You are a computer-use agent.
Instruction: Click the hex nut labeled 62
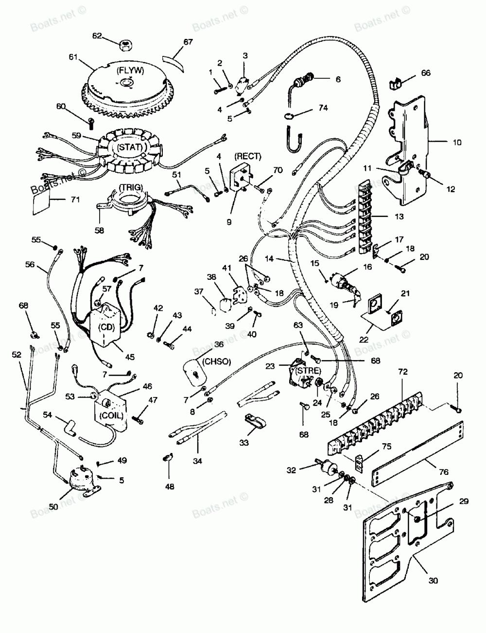click(125, 45)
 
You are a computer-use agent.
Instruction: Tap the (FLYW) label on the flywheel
click(124, 71)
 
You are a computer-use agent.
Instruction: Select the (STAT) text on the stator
click(122, 148)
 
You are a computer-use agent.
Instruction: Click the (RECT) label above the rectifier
click(247, 156)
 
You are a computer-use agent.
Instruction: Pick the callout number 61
click(73, 57)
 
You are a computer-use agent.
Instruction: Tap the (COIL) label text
click(109, 416)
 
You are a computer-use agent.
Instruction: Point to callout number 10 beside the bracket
click(457, 143)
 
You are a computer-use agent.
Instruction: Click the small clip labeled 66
click(396, 83)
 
